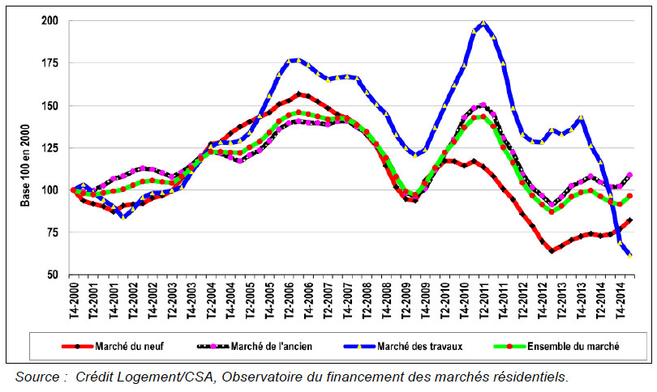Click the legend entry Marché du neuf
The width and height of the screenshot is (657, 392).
click(112, 347)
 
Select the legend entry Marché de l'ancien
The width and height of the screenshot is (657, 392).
click(255, 347)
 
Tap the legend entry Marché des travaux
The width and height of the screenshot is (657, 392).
click(402, 347)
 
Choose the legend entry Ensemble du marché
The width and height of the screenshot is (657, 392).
click(556, 347)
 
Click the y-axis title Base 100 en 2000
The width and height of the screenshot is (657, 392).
click(26, 165)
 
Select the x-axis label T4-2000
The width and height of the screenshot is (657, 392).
click(74, 299)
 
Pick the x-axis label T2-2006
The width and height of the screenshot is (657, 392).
click(290, 299)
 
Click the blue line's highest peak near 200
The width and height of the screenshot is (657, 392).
click(484, 23)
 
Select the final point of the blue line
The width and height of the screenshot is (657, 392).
click(629, 255)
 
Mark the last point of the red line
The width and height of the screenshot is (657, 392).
click(629, 220)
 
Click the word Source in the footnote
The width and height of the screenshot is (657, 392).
click(37, 377)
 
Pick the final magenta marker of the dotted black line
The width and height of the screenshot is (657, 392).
click(629, 175)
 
